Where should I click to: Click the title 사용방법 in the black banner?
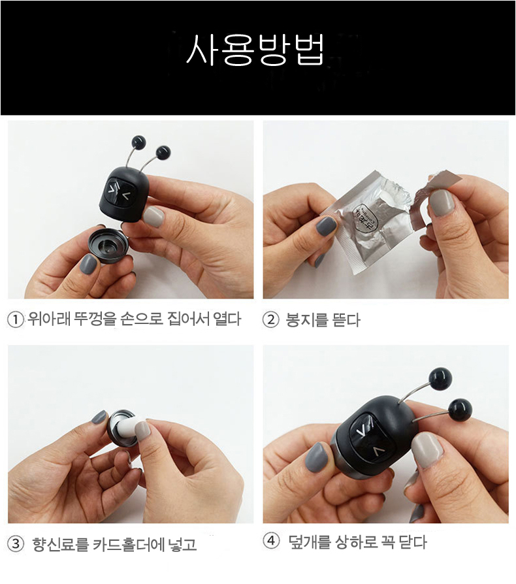click(x=255, y=50)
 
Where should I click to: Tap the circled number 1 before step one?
click(x=15, y=319)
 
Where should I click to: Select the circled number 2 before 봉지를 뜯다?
click(x=270, y=319)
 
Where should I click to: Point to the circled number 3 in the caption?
click(x=16, y=544)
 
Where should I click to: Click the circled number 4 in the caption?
click(x=271, y=540)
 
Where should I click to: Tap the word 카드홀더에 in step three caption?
click(x=128, y=544)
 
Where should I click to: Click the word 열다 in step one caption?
click(x=227, y=319)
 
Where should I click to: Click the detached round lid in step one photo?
click(x=108, y=244)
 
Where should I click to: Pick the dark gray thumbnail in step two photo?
click(x=326, y=226)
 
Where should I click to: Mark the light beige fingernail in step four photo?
click(x=428, y=451)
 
